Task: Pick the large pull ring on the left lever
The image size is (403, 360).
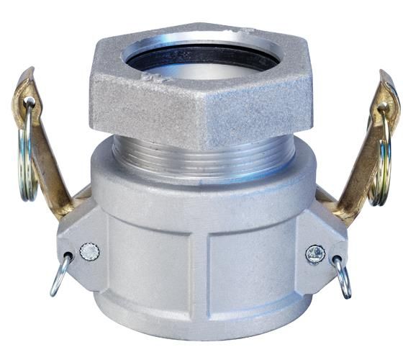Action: click(x=27, y=155)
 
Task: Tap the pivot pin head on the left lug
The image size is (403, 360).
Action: click(x=89, y=251)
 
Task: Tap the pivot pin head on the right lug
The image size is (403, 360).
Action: click(x=314, y=253)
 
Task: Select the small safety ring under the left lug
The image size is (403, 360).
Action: click(x=61, y=274)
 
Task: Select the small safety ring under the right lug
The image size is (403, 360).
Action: click(x=342, y=276)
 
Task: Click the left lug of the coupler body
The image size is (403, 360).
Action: click(x=83, y=245)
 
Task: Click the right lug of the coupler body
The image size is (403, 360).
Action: click(x=320, y=245)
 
